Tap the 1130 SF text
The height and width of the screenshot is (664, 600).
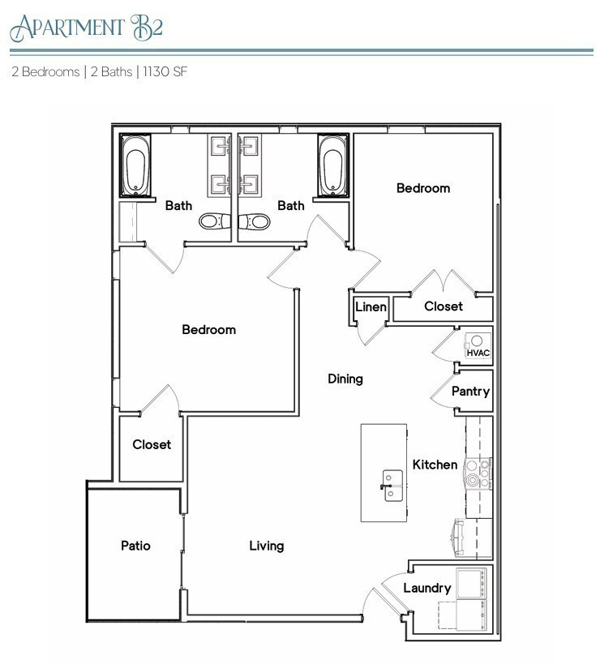165,71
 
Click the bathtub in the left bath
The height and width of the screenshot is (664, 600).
135,167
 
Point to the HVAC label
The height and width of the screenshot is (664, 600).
478,353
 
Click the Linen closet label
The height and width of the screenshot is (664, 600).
371,307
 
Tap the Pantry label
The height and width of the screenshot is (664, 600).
470,392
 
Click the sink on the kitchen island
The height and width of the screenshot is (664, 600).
392,485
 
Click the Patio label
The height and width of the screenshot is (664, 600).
135,546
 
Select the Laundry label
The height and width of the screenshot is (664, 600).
426,588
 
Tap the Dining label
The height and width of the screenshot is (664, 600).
345,379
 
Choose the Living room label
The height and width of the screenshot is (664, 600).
266,546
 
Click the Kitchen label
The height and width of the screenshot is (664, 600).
435,465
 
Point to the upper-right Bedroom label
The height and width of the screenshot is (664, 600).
422,188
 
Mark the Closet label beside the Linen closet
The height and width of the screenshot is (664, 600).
444,306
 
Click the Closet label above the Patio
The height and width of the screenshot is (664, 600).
152,444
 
